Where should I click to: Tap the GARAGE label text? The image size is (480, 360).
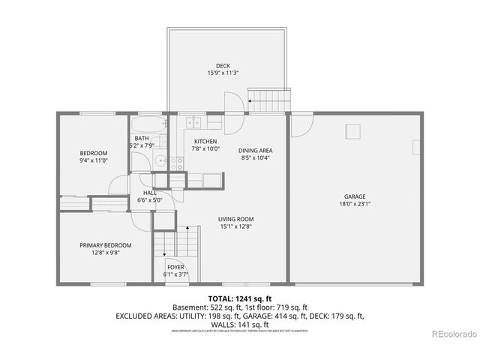[355, 197]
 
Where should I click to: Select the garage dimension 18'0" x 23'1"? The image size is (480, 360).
[355, 205]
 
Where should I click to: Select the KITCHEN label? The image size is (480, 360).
[205, 142]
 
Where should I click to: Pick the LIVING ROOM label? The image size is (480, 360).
[235, 219]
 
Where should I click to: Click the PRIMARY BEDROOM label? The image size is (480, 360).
[106, 245]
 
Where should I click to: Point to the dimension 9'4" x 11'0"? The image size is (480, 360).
[94, 160]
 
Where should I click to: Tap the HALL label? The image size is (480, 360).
[150, 193]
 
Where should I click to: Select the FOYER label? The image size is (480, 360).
[175, 267]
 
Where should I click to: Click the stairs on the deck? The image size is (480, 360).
[268, 98]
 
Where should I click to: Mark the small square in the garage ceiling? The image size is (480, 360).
[351, 133]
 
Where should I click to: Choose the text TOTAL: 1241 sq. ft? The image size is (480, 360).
[239, 298]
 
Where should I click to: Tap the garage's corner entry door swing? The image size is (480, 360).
[301, 124]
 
